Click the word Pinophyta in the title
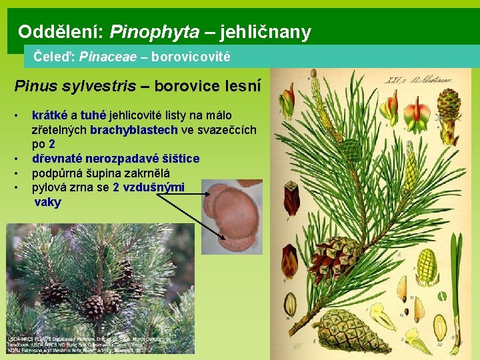point(154,31)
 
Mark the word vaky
point(47,203)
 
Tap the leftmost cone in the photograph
point(55,293)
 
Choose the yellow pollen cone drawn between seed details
point(427,267)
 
